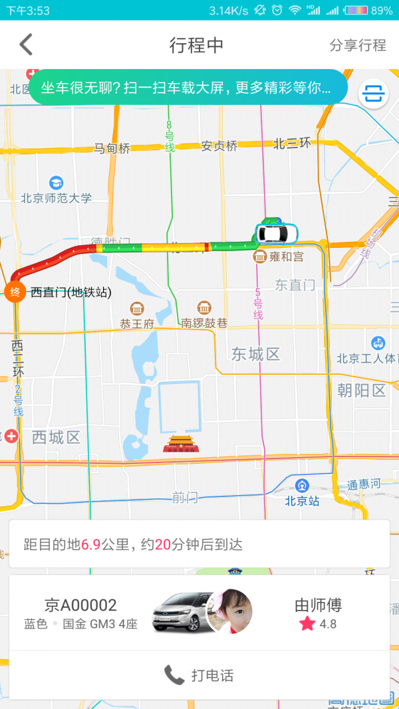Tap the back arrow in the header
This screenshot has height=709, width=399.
[26, 45]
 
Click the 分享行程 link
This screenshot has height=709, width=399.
[358, 45]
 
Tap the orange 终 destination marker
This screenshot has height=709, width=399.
[15, 292]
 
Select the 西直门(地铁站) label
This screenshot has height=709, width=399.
[71, 292]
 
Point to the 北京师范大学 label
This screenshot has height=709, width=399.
[56, 198]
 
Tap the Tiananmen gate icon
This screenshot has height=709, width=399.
[180, 443]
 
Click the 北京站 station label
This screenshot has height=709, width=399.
[303, 501]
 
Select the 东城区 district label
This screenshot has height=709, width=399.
[256, 354]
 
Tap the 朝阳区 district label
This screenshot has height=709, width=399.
[361, 390]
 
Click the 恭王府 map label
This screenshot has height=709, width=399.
[137, 324]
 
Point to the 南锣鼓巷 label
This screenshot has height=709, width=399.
[204, 324]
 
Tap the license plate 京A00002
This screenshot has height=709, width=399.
[80, 605]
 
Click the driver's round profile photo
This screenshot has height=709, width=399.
[230, 611]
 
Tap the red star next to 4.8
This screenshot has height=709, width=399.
[307, 624]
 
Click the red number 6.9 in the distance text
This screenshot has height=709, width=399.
[90, 545]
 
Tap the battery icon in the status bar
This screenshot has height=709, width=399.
[356, 10]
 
